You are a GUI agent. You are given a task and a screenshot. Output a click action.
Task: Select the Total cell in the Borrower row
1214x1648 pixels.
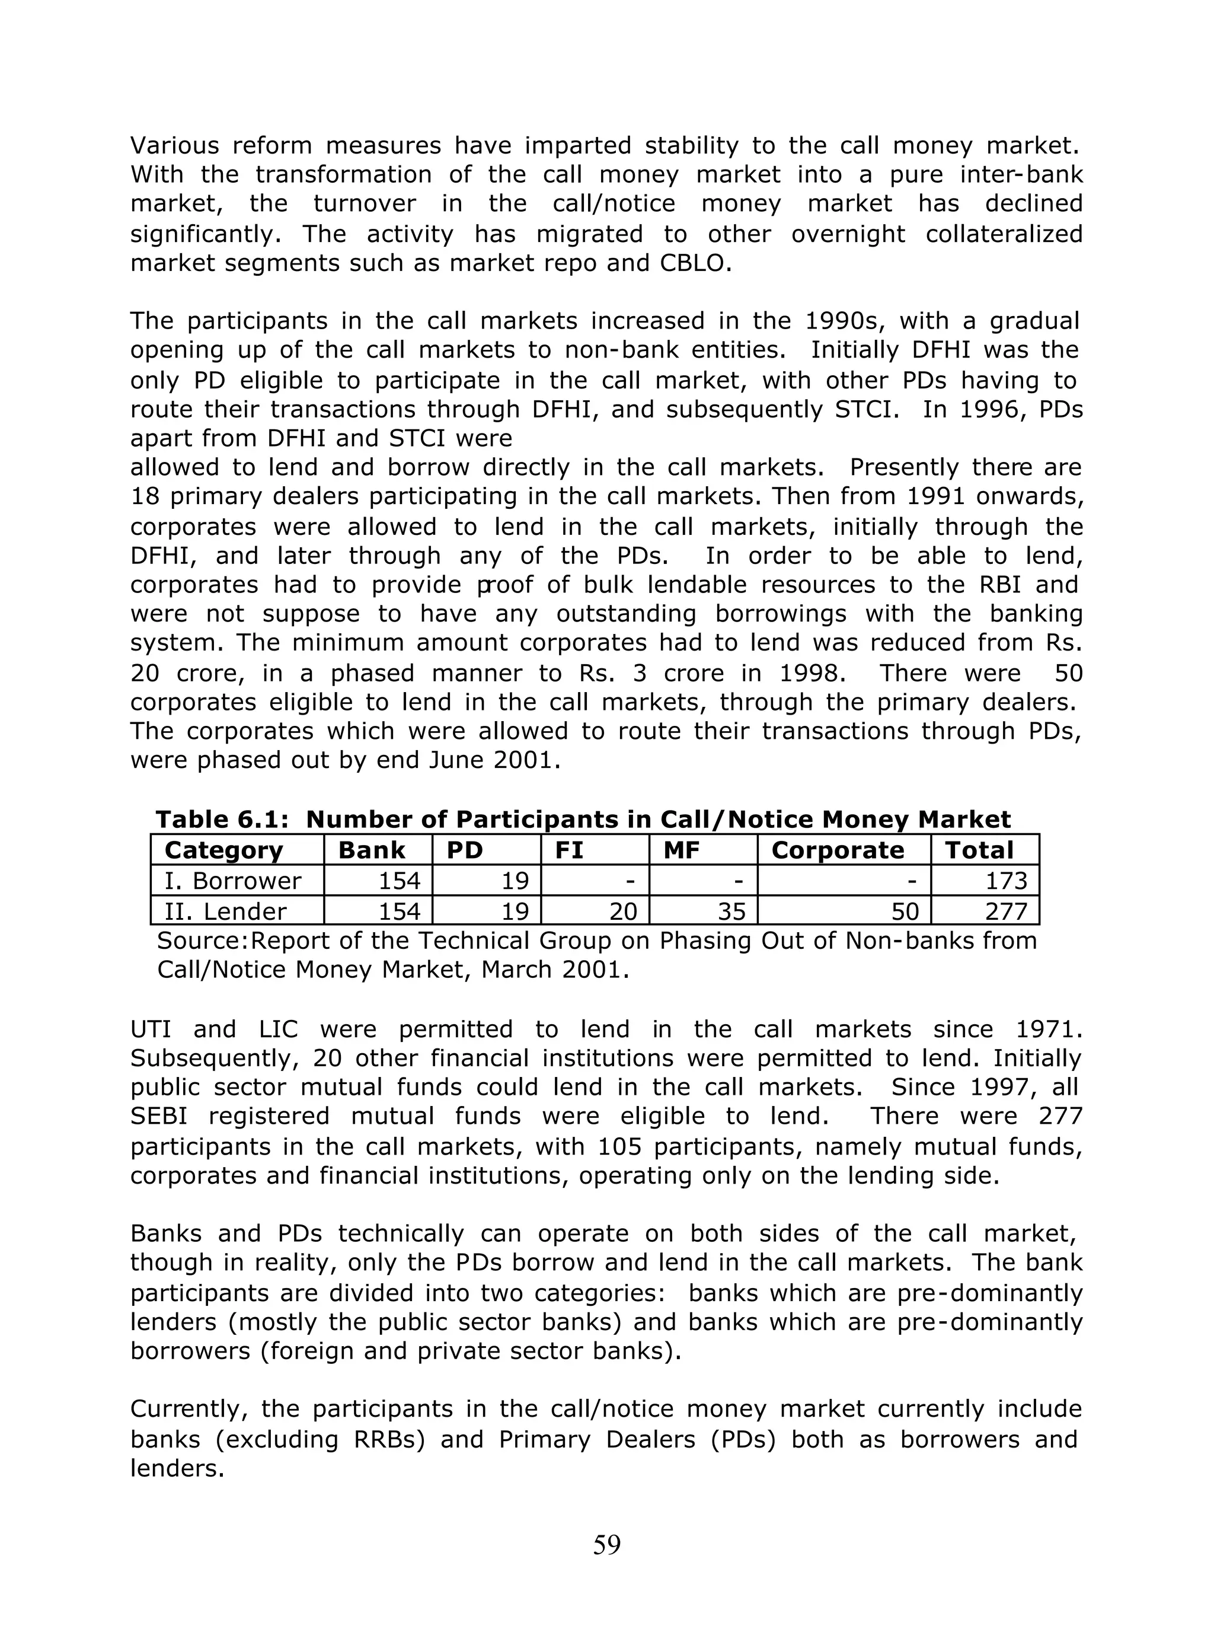[1005, 881]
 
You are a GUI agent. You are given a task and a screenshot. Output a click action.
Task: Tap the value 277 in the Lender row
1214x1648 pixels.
[1005, 911]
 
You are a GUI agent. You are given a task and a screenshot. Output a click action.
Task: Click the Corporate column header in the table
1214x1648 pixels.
[837, 850]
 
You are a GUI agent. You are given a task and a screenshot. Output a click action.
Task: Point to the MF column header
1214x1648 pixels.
[681, 850]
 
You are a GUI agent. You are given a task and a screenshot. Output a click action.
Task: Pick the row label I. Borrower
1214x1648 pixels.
[232, 881]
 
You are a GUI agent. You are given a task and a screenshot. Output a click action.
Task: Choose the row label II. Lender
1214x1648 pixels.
[225, 911]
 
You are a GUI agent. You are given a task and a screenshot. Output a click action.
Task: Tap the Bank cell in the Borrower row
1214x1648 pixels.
[399, 881]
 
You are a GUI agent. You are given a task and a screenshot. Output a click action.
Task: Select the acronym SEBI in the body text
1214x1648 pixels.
[159, 1116]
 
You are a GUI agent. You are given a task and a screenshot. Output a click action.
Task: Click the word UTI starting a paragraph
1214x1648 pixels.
[150, 1029]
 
